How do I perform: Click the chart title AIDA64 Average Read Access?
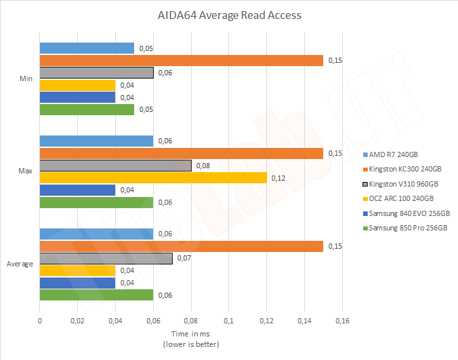[x=228, y=14]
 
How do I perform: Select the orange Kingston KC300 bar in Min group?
[x=181, y=60]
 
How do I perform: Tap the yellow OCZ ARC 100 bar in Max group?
[x=153, y=178]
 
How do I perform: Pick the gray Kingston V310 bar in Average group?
[x=106, y=259]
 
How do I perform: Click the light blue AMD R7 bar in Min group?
[x=87, y=48]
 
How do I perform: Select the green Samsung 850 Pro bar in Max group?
[x=96, y=202]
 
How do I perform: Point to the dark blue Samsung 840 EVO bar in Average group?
[x=77, y=283]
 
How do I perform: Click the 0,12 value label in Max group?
[x=279, y=178]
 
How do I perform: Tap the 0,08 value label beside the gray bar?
[x=203, y=166]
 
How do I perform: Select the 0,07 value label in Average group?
[x=185, y=259]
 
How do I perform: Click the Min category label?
[x=26, y=79]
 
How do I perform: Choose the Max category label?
[x=26, y=171]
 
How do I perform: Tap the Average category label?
[x=20, y=264]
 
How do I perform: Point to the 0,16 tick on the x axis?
[x=342, y=321]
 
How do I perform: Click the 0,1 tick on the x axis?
[x=228, y=321]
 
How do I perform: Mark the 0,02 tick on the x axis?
[x=77, y=321]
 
